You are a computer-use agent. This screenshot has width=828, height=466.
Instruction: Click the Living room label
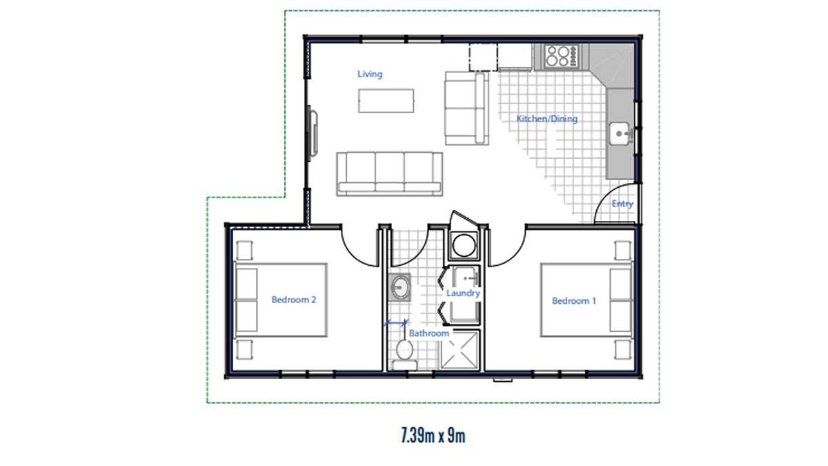[370, 74]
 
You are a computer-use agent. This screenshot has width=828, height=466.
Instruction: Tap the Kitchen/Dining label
[546, 119]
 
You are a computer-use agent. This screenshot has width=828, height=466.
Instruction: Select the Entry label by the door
[622, 204]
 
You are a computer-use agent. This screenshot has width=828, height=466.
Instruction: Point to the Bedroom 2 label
[294, 300]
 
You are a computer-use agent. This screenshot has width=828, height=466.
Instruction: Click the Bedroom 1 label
[573, 301]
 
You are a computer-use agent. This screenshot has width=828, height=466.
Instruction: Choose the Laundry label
[463, 293]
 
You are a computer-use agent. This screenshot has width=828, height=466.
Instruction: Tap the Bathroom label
[428, 333]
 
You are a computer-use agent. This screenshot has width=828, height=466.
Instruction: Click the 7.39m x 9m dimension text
[433, 436]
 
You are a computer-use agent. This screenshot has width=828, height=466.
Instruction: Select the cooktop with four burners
[561, 56]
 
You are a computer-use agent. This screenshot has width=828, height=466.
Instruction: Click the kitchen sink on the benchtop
[620, 133]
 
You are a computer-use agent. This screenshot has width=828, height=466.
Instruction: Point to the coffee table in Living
[386, 101]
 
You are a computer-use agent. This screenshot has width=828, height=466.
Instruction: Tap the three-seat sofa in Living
[390, 174]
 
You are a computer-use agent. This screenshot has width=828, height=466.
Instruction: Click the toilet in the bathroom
[404, 354]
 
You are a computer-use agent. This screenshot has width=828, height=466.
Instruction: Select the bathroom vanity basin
[400, 287]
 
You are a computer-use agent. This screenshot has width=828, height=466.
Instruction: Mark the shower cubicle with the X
[460, 350]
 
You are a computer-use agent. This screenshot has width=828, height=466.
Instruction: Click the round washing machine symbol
[464, 245]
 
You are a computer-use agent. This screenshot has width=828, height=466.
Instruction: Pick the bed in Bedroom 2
[281, 300]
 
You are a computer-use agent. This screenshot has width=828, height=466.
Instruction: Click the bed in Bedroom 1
[586, 300]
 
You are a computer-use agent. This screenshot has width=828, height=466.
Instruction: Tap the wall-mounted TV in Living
[313, 133]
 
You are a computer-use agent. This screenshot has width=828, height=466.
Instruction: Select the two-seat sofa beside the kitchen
[467, 108]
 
